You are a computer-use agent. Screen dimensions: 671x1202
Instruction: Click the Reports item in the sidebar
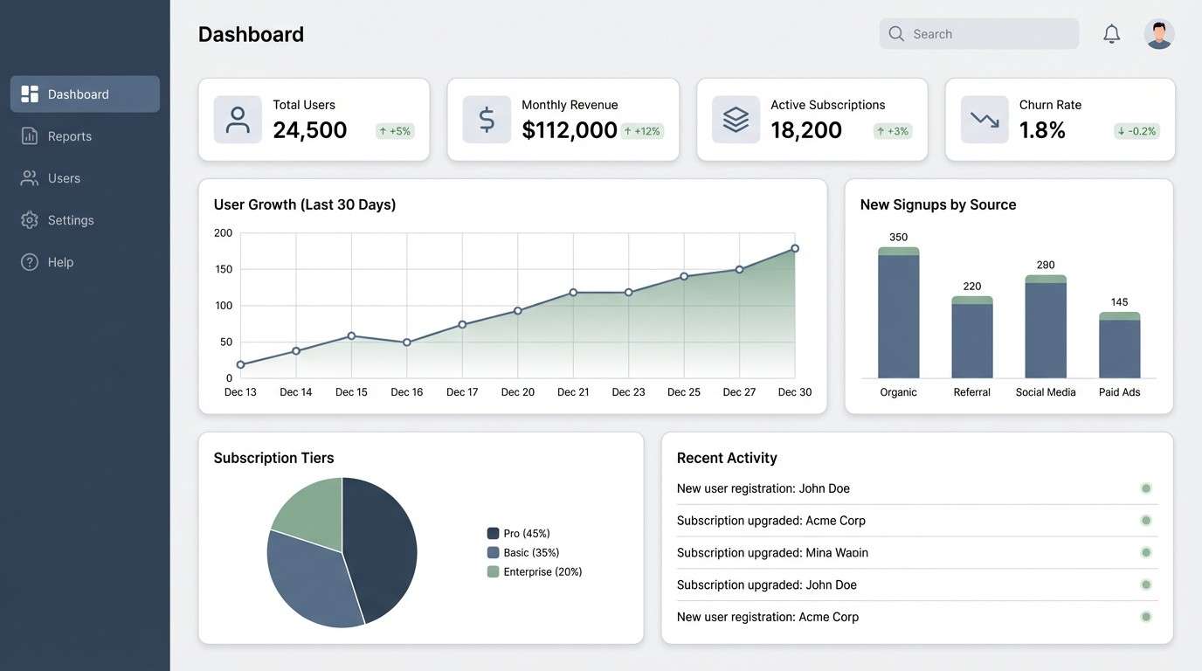[x=69, y=136]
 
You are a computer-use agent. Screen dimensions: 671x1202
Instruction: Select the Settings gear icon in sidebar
[x=30, y=220]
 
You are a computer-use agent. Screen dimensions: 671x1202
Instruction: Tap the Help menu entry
[x=59, y=262]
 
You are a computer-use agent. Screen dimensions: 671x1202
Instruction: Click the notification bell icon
[x=1111, y=34]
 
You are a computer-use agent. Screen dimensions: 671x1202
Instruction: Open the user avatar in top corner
[x=1158, y=34]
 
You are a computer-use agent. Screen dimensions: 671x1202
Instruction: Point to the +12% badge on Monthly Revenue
[x=642, y=131]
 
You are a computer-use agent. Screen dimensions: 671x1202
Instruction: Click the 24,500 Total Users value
[x=310, y=130]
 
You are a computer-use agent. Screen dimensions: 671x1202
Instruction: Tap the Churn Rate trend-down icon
[x=984, y=120]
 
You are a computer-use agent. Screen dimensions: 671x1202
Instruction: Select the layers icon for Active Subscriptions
[x=736, y=120]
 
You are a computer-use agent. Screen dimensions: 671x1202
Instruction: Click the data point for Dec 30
[x=795, y=248]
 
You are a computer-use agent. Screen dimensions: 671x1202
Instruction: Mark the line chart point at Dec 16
[x=407, y=342]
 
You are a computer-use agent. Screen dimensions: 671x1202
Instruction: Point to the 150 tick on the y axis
[x=224, y=269]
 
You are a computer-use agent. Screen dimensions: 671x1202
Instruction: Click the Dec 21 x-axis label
[x=573, y=392]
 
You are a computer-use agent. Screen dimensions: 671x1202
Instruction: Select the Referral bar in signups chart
[x=971, y=341]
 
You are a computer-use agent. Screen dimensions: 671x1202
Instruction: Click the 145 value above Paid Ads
[x=1119, y=302]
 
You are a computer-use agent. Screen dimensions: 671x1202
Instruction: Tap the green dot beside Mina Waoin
[x=1146, y=552]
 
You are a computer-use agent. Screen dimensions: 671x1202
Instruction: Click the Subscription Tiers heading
[x=273, y=458]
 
